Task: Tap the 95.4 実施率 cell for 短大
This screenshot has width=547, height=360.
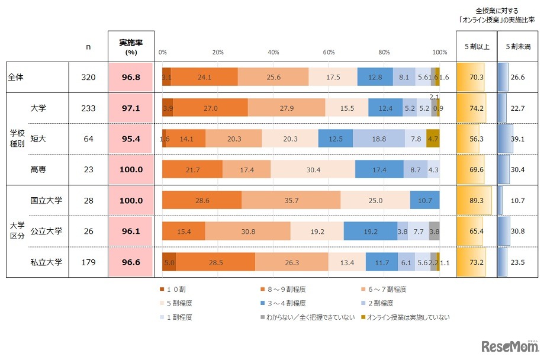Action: [x=131, y=139]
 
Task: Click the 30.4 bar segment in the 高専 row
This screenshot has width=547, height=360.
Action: [x=313, y=169]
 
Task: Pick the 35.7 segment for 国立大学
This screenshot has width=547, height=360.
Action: [x=291, y=201]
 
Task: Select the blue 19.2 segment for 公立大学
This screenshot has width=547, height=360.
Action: [x=370, y=232]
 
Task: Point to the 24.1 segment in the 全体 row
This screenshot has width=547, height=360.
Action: [x=204, y=77]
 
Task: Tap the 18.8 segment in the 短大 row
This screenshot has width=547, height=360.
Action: [x=379, y=139]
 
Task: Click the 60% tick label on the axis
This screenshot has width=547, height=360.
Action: [x=329, y=53]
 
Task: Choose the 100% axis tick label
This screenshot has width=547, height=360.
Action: [x=439, y=53]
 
